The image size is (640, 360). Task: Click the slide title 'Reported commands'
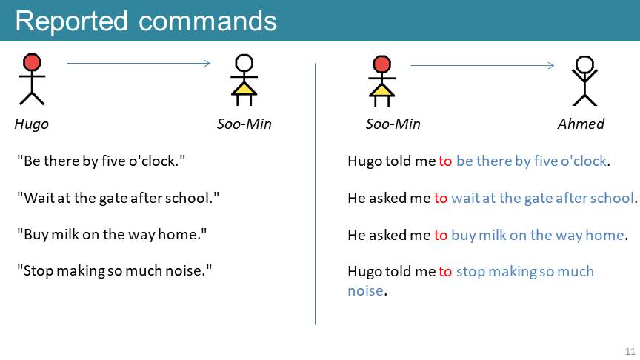click(146, 21)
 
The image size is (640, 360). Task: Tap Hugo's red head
click(32, 62)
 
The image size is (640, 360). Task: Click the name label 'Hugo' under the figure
click(31, 124)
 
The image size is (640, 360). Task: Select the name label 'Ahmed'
click(581, 124)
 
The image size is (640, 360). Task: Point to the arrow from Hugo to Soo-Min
click(139, 63)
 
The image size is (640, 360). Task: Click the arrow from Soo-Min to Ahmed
click(482, 65)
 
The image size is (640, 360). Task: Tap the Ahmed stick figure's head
click(584, 64)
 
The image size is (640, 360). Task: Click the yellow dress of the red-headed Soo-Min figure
click(381, 90)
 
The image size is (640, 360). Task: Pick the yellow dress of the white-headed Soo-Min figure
click(244, 89)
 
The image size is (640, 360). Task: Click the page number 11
click(630, 351)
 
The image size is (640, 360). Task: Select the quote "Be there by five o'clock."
click(101, 161)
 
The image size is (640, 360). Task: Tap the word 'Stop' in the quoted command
click(39, 270)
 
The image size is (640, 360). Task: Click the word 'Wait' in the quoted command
click(39, 198)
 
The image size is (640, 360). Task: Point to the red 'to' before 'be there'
click(445, 161)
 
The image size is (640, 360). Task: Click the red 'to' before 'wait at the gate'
click(441, 199)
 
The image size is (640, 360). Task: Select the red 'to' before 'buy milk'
click(441, 235)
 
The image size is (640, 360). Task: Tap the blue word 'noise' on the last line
click(365, 290)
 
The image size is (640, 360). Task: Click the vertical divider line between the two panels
click(315, 194)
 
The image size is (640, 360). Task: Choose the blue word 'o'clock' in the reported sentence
click(584, 161)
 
